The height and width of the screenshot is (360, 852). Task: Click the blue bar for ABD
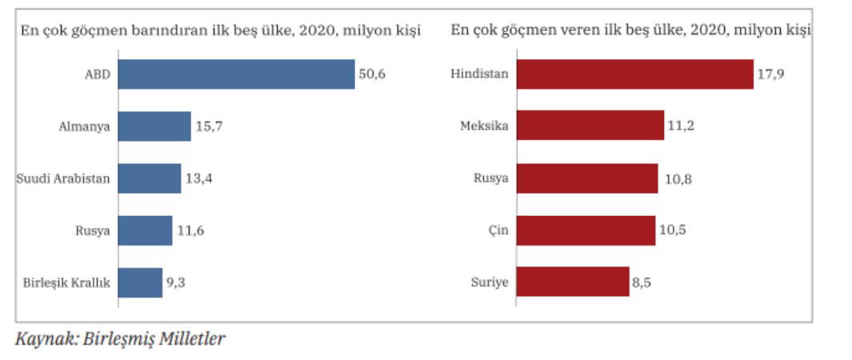coord(237,74)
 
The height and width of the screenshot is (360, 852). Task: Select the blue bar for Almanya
coord(154,126)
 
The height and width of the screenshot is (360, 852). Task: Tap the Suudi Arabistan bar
coord(150,178)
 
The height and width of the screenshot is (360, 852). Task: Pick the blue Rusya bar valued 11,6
coord(145,230)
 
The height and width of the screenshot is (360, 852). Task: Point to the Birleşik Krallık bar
coord(140,282)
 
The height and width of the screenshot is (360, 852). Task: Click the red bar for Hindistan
coord(634,74)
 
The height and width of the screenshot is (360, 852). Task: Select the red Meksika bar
coord(590,126)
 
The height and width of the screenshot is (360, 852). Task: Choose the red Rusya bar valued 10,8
coord(587,178)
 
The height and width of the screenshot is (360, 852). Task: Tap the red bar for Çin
coord(586,230)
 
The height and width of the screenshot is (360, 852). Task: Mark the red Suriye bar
coord(573,282)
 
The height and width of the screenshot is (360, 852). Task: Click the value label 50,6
coord(373,74)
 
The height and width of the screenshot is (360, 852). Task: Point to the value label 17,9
coord(770,74)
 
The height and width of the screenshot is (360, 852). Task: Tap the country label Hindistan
coord(480,74)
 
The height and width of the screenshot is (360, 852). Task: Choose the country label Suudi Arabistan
coord(63,178)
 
